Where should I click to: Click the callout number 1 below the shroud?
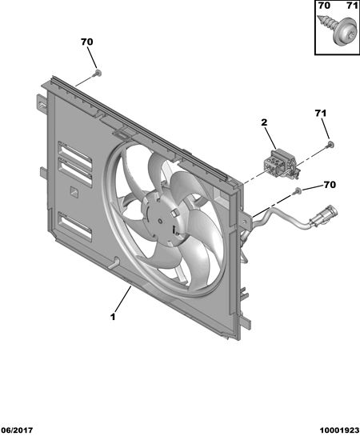coord(113,317)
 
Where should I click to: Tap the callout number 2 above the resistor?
coord(264,122)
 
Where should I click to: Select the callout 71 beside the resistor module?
coord(321,114)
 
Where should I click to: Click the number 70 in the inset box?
coord(324,6)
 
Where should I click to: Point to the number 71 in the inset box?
coord(352,6)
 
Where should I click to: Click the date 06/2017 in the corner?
coord(17,430)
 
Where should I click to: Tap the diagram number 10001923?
coord(340,430)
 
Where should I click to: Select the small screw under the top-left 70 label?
coord(97,73)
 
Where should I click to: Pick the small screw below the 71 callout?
coord(330,144)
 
